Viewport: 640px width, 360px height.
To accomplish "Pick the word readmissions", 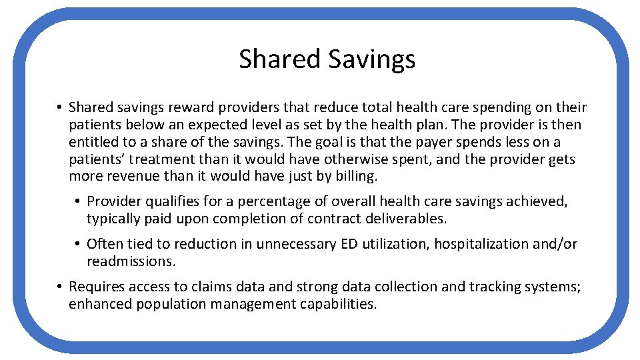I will (130, 261).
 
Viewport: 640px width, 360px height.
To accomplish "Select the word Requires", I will (95, 287).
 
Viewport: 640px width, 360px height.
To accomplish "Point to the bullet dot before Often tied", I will (78, 244).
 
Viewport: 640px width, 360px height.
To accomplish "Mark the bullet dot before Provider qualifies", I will (78, 201).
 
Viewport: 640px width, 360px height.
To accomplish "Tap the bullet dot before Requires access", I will (59, 287).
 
